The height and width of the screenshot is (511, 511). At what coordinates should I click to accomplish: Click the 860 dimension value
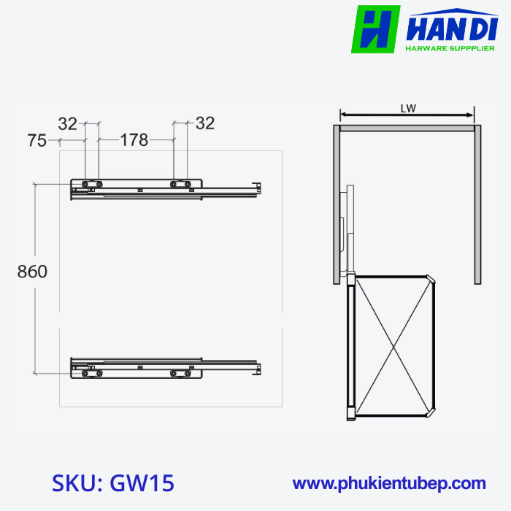[32, 272]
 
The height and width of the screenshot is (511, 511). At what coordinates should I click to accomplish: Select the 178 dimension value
[134, 140]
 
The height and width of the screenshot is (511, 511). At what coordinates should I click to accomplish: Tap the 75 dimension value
[37, 140]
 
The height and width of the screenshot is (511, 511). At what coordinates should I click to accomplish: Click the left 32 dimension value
[68, 123]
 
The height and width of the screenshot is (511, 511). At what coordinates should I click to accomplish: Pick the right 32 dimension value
[205, 123]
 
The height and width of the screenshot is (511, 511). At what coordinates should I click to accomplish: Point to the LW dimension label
[408, 108]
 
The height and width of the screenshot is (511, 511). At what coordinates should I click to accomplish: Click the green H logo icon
[375, 29]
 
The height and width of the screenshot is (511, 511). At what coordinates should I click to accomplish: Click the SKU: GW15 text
[113, 483]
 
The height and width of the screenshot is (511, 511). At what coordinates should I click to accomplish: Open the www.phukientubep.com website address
[389, 483]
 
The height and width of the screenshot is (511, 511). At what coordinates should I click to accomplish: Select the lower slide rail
[164, 366]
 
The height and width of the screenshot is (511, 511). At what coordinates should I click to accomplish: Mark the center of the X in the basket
[391, 345]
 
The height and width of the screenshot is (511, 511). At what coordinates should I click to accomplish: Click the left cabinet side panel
[337, 204]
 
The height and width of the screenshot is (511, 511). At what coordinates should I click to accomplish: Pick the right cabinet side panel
[477, 204]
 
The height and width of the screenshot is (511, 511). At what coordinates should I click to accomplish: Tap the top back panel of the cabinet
[407, 128]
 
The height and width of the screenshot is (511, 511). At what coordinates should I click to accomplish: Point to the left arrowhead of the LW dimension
[344, 115]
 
